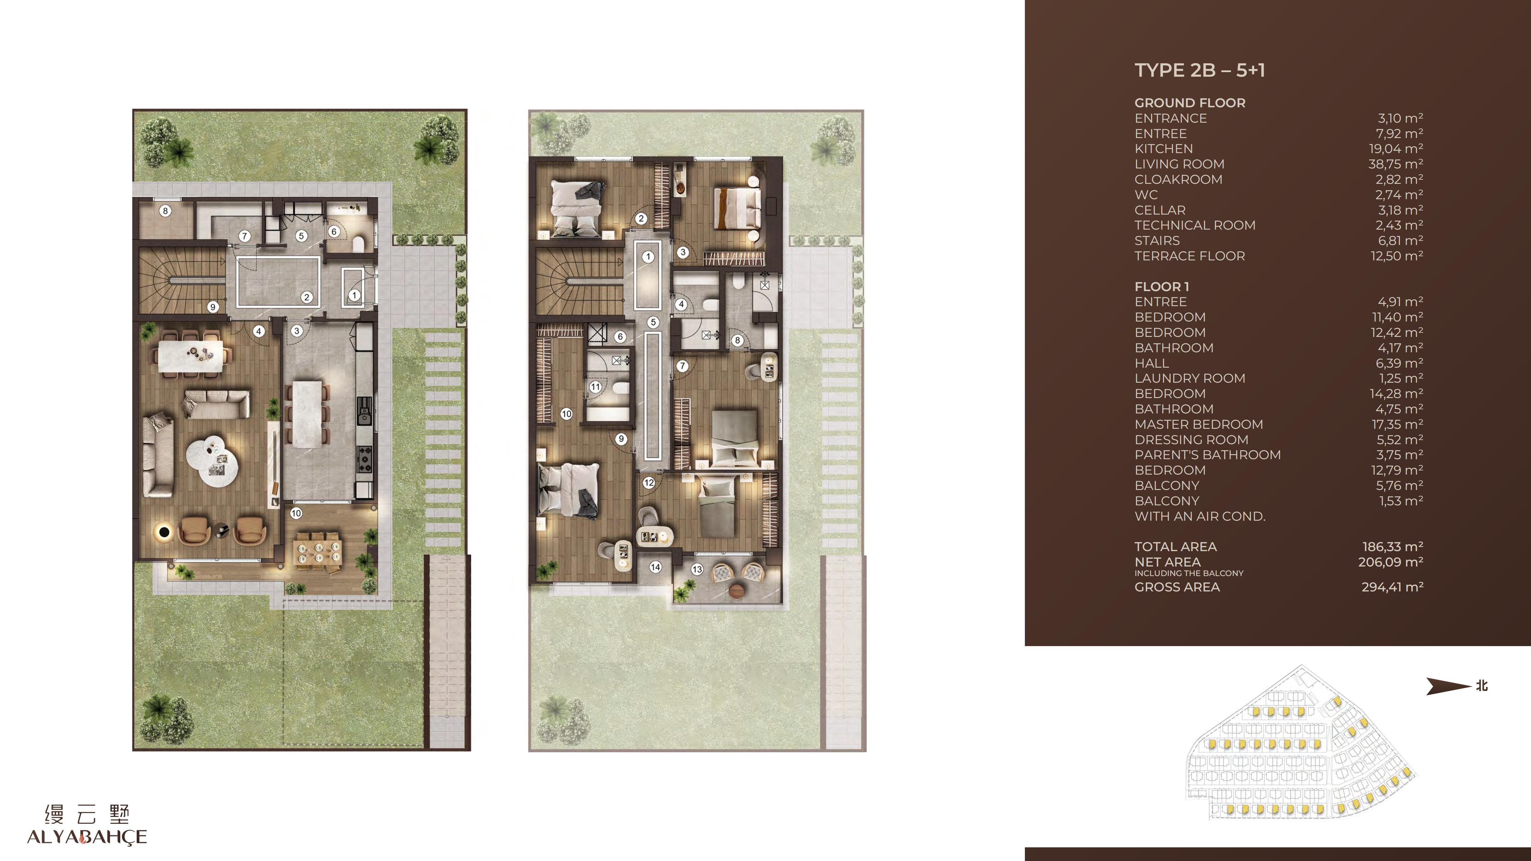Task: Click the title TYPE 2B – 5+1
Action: click(1200, 70)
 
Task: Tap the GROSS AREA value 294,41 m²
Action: click(1393, 587)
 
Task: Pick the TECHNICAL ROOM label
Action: click(1195, 225)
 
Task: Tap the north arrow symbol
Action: click(1448, 686)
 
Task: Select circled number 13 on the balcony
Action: click(697, 569)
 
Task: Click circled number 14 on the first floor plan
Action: click(655, 567)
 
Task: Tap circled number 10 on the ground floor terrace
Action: click(296, 513)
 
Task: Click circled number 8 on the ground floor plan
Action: click(165, 210)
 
